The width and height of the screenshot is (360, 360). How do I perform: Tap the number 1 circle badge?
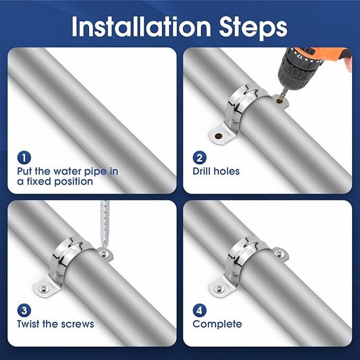coord(24,157)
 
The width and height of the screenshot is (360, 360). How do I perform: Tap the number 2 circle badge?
coord(200,157)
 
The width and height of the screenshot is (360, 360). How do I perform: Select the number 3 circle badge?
coord(24,310)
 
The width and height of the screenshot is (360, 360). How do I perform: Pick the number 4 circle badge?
coord(200,310)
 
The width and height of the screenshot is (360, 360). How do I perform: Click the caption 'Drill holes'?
coord(216,171)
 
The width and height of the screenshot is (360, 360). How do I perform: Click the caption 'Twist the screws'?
coord(55,324)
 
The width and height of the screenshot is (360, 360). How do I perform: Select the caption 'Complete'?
coord(217,324)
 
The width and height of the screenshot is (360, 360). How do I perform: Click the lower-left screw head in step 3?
coord(42,289)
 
